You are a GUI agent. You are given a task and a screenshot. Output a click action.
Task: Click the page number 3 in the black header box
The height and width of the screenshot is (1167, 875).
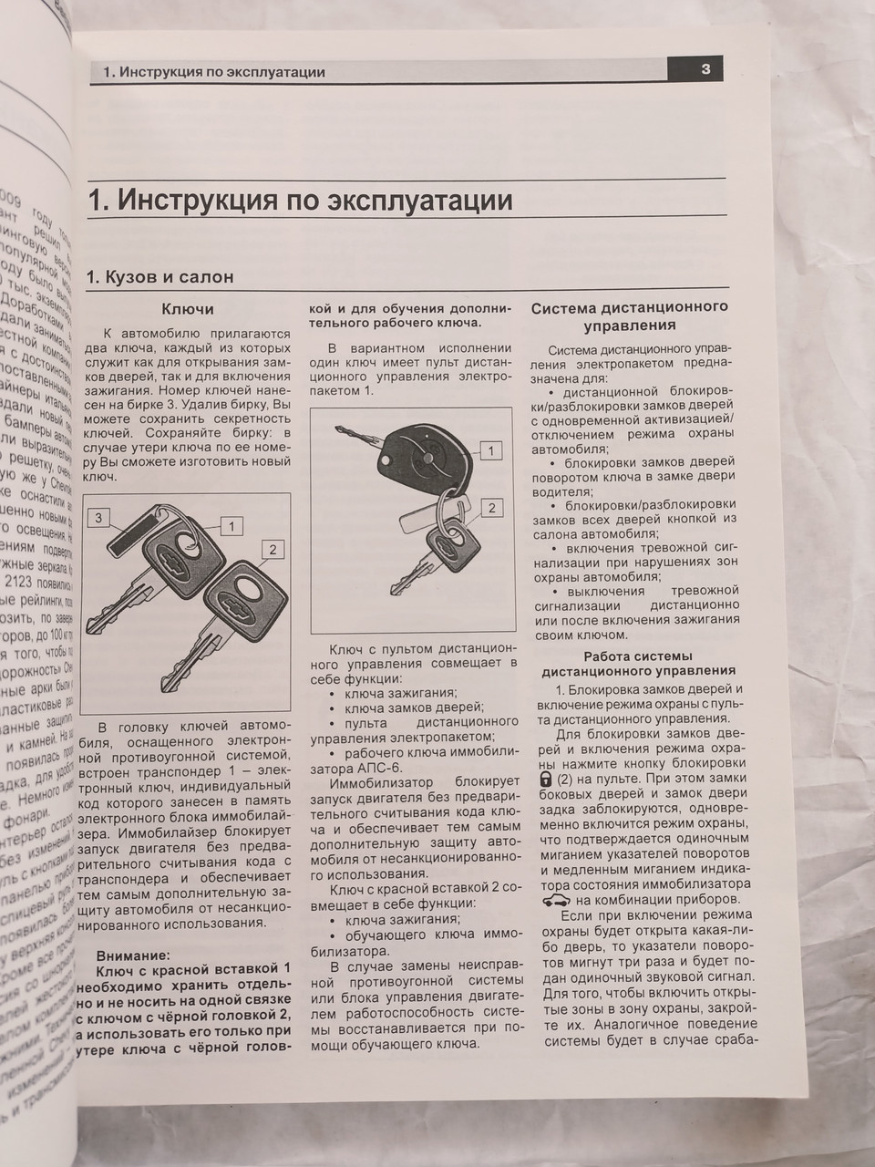coord(705,70)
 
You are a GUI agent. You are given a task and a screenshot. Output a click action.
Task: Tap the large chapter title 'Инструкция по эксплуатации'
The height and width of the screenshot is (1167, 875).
coord(301,200)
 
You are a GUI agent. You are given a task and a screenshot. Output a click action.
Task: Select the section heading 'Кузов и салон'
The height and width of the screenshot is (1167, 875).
coord(160,276)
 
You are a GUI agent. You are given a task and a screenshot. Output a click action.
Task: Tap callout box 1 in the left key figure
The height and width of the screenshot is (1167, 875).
coord(232,526)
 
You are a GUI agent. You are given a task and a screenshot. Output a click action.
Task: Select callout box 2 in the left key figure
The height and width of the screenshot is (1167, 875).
coord(272,549)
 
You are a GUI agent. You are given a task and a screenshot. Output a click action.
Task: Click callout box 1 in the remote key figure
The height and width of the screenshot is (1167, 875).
coord(490,450)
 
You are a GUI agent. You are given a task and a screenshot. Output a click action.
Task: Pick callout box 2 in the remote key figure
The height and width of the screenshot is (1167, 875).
coord(490,508)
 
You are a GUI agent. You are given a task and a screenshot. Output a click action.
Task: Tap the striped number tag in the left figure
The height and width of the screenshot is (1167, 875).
coord(137,534)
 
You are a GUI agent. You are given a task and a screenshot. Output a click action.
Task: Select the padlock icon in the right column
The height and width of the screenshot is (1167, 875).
coord(546,780)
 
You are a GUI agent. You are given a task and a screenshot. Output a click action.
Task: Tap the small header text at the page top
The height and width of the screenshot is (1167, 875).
coord(214,72)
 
